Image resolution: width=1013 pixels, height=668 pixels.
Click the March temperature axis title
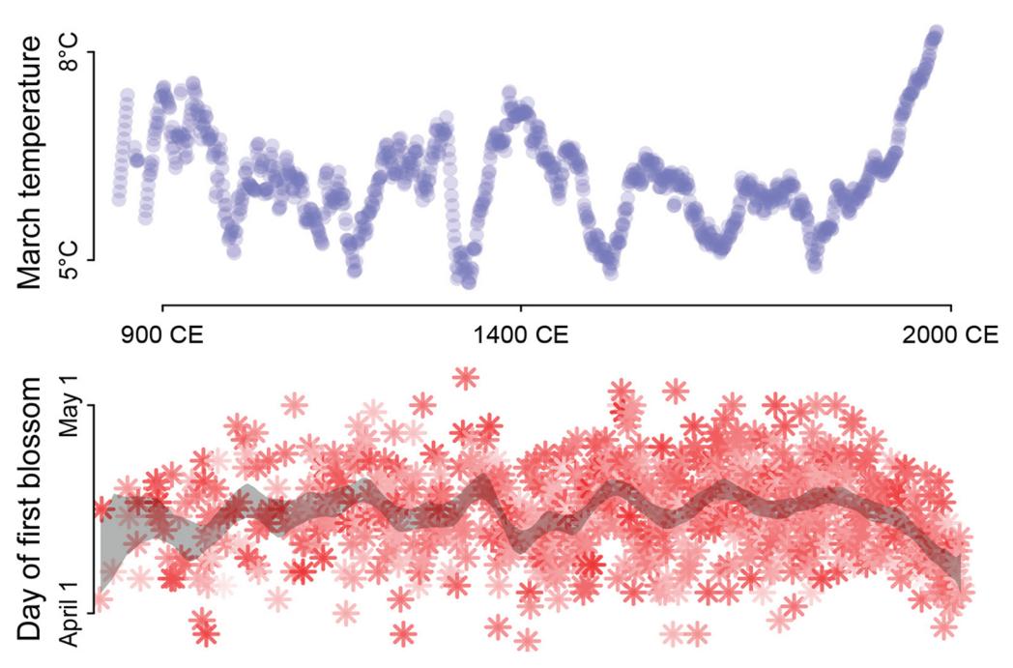coord(31,162)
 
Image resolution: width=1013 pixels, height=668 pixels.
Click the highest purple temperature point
coord(935,35)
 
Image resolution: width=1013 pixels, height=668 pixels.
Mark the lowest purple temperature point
coord(469,281)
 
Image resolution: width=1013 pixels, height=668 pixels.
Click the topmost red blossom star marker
coord(466,377)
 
